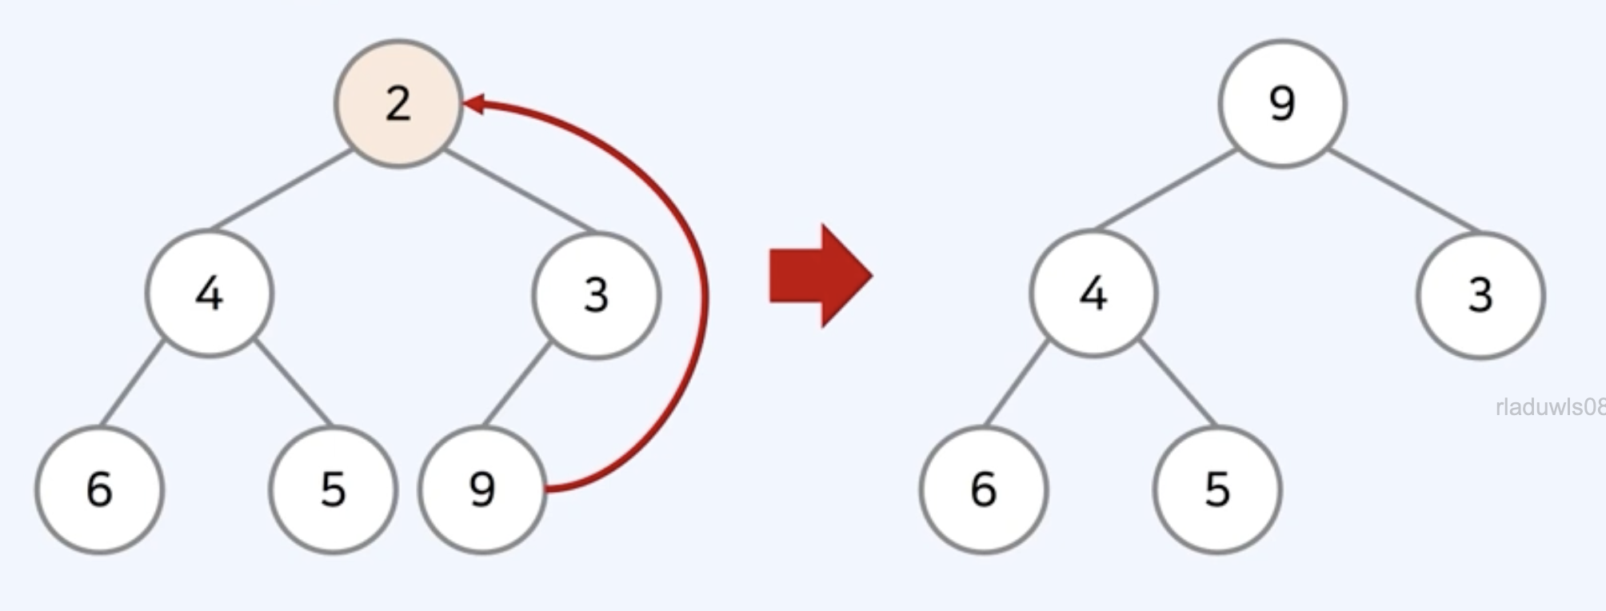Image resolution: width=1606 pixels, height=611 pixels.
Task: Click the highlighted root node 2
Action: click(x=398, y=104)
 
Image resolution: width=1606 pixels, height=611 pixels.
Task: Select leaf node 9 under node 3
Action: click(x=482, y=489)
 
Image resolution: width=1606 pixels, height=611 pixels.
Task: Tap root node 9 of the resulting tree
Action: click(x=1282, y=104)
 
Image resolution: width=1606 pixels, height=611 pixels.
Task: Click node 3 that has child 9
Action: click(x=597, y=295)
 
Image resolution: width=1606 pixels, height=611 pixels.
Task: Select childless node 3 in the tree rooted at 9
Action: click(x=1480, y=295)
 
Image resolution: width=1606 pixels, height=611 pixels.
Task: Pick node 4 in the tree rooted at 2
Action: click(x=210, y=294)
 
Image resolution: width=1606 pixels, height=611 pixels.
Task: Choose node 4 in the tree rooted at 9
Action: click(x=1093, y=294)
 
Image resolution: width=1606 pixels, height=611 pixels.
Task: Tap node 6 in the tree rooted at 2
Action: click(x=99, y=489)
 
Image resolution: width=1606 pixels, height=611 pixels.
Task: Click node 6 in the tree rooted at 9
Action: click(x=983, y=489)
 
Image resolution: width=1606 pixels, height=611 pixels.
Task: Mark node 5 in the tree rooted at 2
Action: click(x=333, y=489)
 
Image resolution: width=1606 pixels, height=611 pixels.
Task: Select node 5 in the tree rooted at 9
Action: click(x=1216, y=489)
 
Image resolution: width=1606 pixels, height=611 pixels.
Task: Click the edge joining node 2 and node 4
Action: click(x=282, y=190)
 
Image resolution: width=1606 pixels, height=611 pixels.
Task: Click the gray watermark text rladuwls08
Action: click(x=1548, y=407)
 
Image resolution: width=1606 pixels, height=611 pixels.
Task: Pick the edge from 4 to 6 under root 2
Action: click(x=133, y=382)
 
